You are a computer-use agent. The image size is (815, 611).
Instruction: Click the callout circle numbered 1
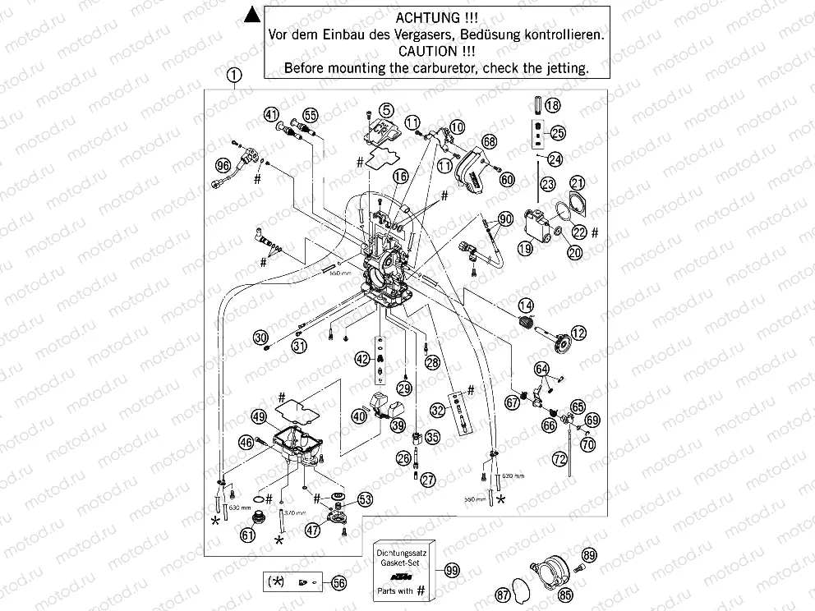coord(235,76)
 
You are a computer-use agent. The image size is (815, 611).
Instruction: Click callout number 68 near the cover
coord(490,141)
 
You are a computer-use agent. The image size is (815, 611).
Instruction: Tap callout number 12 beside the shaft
coord(580,333)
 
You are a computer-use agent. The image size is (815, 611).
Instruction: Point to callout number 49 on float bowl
coord(259,418)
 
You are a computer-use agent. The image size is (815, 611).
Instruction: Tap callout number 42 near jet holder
coord(362,359)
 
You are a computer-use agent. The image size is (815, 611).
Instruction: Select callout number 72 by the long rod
coord(560,457)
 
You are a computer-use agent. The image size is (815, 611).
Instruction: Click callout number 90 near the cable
coord(505,219)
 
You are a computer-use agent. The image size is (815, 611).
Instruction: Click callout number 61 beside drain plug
coord(247,535)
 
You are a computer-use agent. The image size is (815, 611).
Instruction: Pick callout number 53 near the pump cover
coord(364,498)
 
